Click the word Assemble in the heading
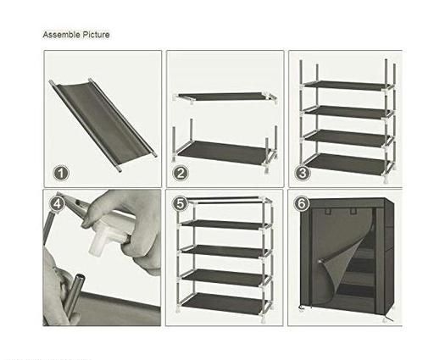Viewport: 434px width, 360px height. [x=61, y=35]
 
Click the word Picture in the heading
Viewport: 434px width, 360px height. [x=96, y=35]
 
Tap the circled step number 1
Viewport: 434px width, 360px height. [x=61, y=173]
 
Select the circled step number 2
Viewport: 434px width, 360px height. [x=181, y=173]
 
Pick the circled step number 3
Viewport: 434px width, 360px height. [x=303, y=173]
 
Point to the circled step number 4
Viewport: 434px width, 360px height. [x=58, y=204]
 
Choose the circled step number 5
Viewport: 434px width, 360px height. [x=181, y=203]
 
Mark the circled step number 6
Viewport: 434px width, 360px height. [x=302, y=203]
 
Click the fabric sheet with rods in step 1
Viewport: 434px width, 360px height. [x=103, y=125]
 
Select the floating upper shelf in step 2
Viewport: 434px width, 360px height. [x=225, y=97]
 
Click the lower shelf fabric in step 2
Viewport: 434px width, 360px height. [x=223, y=152]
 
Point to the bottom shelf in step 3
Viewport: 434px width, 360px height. [x=347, y=163]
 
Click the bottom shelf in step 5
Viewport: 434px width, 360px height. [x=223, y=303]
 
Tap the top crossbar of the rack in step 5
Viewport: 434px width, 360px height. [x=223, y=198]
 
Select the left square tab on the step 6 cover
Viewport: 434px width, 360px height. [x=329, y=211]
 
